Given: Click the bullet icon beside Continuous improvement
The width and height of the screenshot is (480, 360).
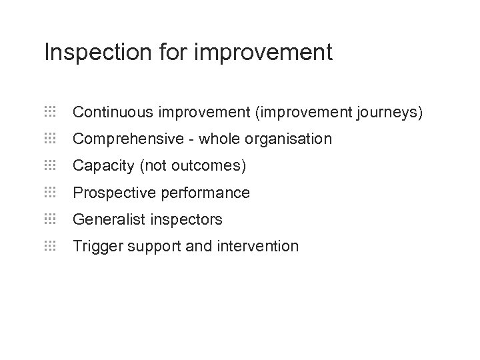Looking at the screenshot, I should [50, 112].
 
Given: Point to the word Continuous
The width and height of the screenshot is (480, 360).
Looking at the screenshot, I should [110, 113].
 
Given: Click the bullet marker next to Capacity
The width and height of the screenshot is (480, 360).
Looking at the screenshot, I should [50, 165].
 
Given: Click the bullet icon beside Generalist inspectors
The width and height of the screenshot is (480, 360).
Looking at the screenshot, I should [50, 219].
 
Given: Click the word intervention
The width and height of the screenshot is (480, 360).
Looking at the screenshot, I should [258, 246].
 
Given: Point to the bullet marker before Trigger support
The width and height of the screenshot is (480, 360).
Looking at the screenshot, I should [50, 245].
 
